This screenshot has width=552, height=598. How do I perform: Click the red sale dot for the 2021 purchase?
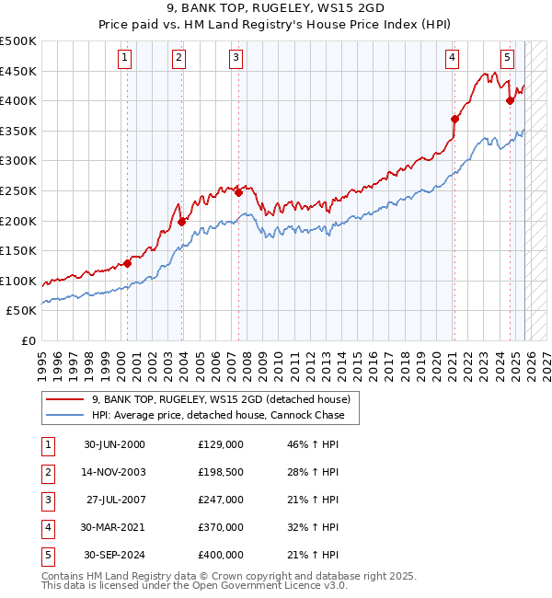pyautogui.click(x=454, y=119)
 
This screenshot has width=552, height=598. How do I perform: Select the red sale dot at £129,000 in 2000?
pyautogui.click(x=128, y=263)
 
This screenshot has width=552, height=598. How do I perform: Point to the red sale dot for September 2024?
pyautogui.click(x=510, y=101)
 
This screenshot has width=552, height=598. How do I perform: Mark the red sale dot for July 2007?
pyautogui.click(x=238, y=192)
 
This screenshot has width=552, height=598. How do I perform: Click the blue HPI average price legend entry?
pyautogui.click(x=218, y=415)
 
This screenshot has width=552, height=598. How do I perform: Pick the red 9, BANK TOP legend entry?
pyautogui.click(x=221, y=400)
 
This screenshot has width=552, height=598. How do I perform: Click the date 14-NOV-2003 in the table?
pyautogui.click(x=114, y=472)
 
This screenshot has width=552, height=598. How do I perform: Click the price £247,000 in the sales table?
pyautogui.click(x=220, y=500)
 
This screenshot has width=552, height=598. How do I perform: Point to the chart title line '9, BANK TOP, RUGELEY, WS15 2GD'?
pyautogui.click(x=276, y=11)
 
